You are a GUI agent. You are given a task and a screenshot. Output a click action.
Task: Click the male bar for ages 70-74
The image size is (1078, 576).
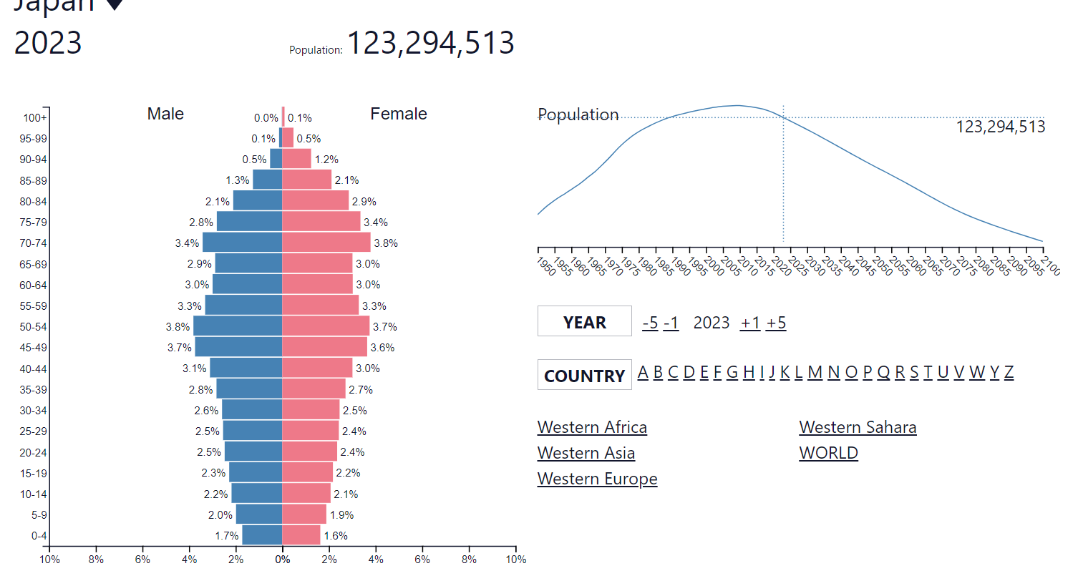[242, 243]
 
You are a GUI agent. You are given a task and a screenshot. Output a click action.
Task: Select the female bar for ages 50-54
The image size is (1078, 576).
[326, 326]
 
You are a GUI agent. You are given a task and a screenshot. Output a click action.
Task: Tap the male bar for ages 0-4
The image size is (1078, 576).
[262, 534]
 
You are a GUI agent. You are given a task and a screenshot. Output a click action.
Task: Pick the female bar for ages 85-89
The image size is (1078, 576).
[306, 180]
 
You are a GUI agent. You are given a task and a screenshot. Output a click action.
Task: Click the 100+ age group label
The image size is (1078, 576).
[35, 118]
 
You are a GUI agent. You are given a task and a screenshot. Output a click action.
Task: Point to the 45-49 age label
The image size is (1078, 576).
[34, 348]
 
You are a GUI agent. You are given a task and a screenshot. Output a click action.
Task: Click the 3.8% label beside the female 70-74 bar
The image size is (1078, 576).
[386, 243]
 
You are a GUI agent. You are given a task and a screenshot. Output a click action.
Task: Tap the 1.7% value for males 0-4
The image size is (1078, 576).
[227, 535]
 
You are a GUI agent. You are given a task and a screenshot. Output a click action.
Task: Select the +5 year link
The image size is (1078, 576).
[776, 323]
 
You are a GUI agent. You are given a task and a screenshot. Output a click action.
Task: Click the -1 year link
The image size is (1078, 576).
[671, 323]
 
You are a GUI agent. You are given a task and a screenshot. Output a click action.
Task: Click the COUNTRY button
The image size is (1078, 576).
[584, 375]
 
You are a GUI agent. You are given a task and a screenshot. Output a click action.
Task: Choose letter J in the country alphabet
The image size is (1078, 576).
[772, 372]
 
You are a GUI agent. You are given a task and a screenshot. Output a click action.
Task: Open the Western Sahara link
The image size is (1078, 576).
[858, 427]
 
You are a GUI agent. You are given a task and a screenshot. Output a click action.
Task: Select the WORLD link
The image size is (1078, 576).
[828, 453]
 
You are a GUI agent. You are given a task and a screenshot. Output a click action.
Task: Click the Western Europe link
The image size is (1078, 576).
[597, 479]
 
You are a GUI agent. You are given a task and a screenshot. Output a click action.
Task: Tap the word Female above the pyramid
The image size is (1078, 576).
[399, 114]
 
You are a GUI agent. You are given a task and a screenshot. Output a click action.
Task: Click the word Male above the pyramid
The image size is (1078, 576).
[165, 114]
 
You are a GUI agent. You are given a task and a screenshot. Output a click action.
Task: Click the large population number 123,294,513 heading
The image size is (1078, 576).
[431, 43]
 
